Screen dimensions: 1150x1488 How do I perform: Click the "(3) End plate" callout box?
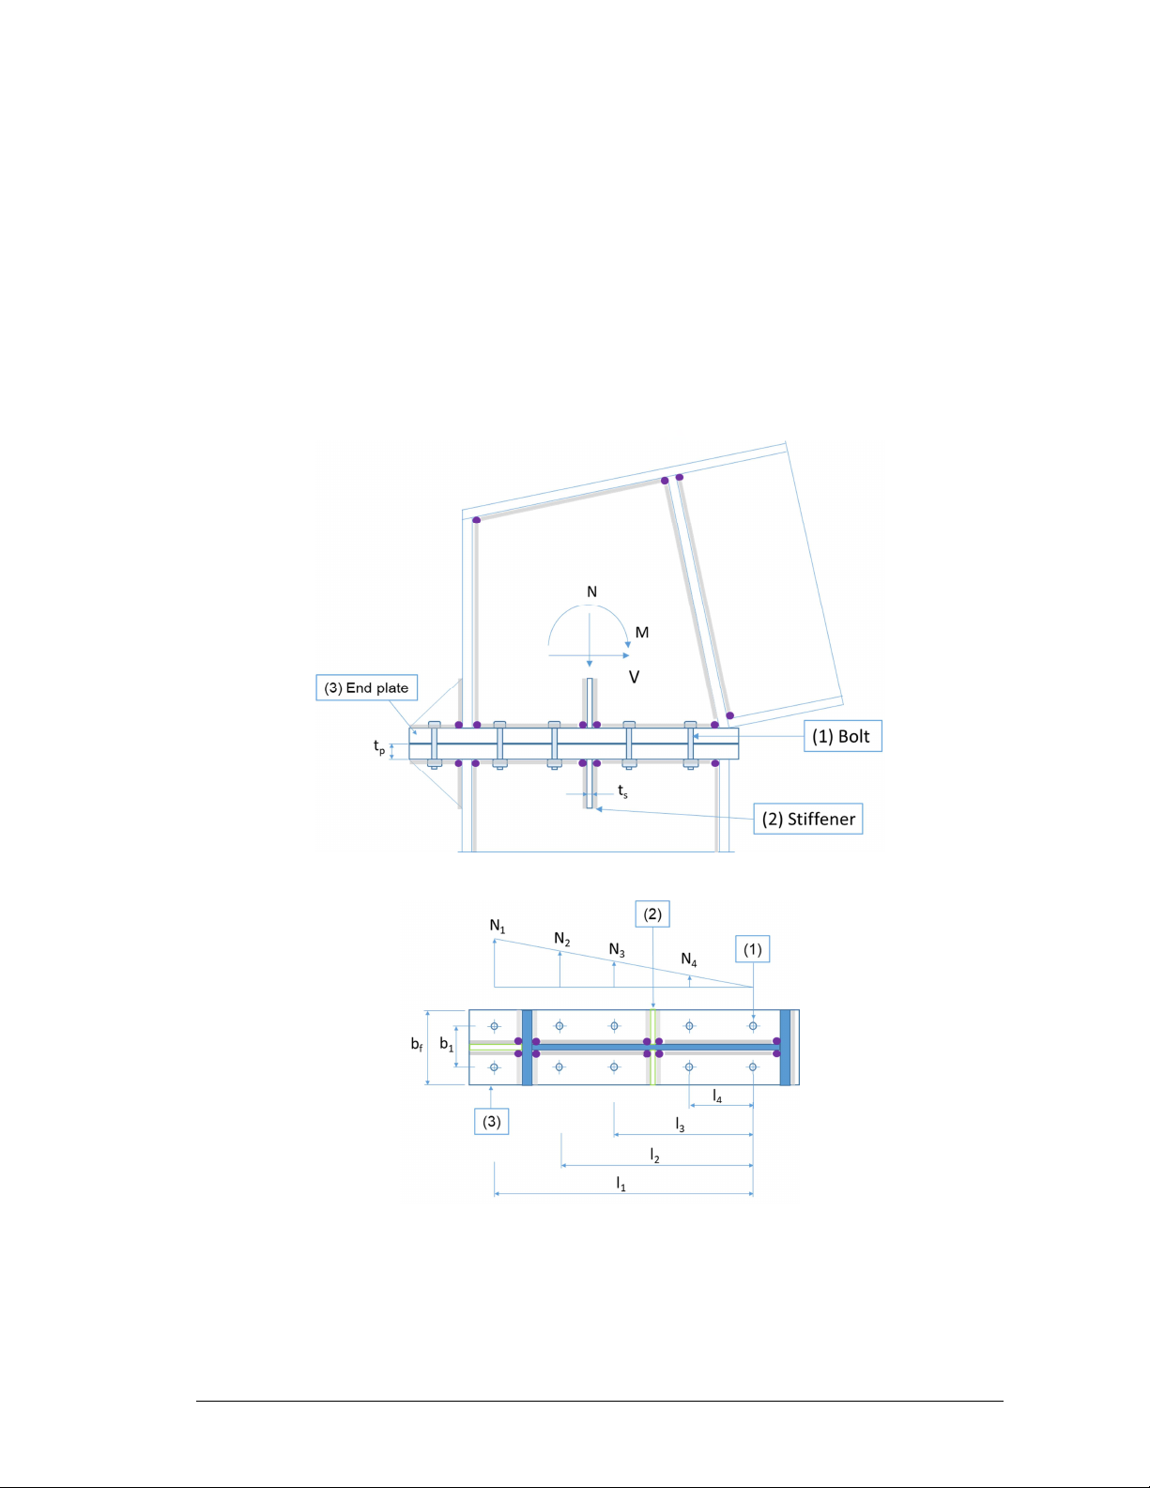366,687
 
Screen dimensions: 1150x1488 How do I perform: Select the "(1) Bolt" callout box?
843,736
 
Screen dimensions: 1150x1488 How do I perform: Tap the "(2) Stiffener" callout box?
807,819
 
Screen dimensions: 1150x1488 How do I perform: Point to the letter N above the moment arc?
592,591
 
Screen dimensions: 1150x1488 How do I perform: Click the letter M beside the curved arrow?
642,633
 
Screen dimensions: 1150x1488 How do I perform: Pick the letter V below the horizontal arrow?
635,677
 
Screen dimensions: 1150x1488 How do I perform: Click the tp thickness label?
379,746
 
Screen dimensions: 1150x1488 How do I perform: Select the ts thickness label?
623,790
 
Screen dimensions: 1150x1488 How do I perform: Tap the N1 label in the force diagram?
498,927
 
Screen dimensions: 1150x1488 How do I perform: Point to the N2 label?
562,940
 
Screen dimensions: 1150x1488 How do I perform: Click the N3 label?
617,950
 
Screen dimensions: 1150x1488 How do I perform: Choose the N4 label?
689,960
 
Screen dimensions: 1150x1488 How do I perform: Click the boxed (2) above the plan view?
652,914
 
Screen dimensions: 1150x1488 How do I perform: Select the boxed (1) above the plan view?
753,949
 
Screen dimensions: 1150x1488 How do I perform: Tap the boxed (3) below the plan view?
492,1122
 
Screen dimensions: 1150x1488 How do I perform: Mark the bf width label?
417,1044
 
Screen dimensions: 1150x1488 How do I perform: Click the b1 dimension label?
446,1044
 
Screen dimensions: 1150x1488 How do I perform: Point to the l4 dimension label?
717,1097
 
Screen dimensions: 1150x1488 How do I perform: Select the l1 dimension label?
621,1184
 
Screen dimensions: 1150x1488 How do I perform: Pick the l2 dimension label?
654,1156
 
